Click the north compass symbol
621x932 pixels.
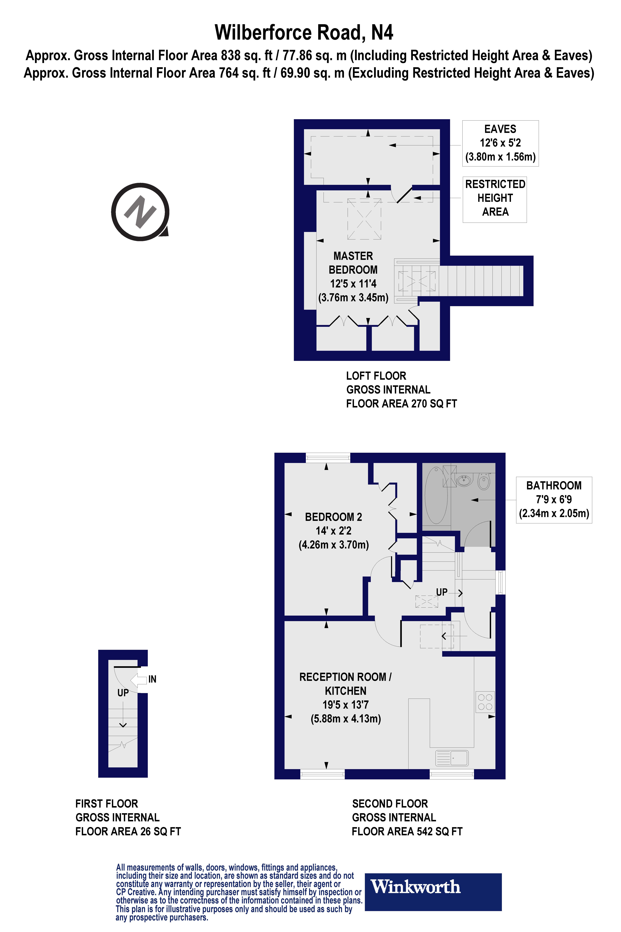[140, 212]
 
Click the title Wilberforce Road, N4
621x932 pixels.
[304, 32]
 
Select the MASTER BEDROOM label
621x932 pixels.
[353, 263]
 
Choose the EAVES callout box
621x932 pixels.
[500, 143]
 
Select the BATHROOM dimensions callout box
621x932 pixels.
[554, 500]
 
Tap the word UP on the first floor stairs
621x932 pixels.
[123, 693]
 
